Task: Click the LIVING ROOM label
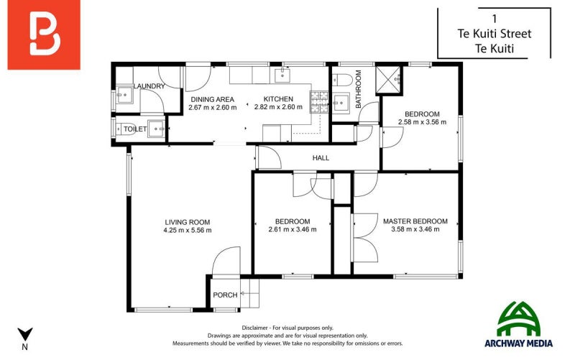pos(187,221)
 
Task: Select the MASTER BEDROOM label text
pos(415,221)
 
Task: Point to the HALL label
pos(321,157)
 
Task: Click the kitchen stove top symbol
pos(318,101)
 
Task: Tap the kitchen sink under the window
pos(282,73)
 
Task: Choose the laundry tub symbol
pos(123,93)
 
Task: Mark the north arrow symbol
pos(25,334)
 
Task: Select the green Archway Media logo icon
pos(521,318)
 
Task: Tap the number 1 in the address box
pos(494,18)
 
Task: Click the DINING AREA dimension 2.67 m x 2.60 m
pos(213,108)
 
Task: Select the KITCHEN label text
pos(277,99)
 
